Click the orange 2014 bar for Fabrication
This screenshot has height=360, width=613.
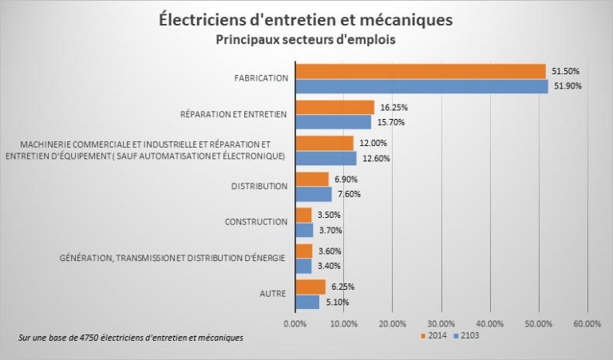coord(420,71)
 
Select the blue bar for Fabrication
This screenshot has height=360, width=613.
coord(421,86)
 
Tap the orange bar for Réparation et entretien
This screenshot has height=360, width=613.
coord(334,107)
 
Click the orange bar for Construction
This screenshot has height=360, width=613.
coord(303,215)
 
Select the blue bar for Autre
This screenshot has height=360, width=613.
coord(307,302)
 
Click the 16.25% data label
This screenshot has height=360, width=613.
coord(391,107)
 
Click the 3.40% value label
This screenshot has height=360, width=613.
coord(328,266)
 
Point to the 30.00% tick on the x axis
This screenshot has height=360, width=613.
coord(441,323)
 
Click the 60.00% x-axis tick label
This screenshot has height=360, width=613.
coord(587,323)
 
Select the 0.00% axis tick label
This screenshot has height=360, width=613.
coord(295,323)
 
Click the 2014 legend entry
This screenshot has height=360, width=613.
coord(434,336)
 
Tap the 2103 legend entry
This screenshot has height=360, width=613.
coord(469,336)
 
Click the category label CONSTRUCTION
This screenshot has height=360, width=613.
coord(255,222)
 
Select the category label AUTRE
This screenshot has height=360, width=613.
coord(273,295)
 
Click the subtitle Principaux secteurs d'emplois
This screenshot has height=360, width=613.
coord(306,39)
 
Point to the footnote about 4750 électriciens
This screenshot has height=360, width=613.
coord(130,338)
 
